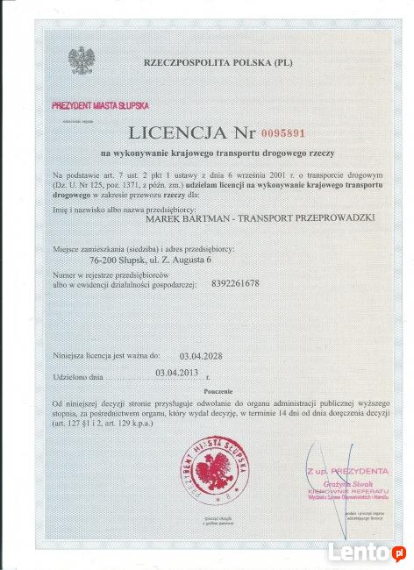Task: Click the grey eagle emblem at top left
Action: [81, 61]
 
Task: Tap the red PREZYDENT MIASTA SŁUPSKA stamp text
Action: [99, 104]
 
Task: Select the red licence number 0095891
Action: [283, 133]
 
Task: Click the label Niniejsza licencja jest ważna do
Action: [105, 356]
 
